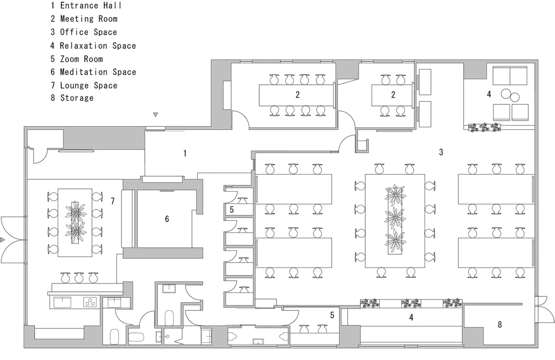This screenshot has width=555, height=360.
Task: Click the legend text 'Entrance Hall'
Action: click(90, 6)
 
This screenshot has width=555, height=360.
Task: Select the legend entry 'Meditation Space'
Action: click(98, 72)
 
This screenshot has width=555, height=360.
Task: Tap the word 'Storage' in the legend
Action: click(77, 98)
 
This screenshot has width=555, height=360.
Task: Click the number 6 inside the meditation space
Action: click(167, 219)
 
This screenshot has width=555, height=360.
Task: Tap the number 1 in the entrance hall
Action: click(185, 154)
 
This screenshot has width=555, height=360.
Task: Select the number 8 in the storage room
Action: click(500, 325)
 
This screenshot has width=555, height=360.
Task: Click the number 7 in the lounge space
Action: click(113, 201)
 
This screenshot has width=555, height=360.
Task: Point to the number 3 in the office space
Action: click(441, 153)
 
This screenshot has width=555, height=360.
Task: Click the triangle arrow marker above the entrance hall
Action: click(155, 115)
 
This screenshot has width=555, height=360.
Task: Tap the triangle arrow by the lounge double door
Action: click(2, 240)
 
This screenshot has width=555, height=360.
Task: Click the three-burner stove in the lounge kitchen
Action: click(90, 301)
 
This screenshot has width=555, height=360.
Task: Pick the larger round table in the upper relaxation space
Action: click(506, 93)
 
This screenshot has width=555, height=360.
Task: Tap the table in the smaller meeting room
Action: click(392, 95)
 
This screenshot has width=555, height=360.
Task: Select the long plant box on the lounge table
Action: click(76, 222)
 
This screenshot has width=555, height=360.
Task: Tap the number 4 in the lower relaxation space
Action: click(411, 317)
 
